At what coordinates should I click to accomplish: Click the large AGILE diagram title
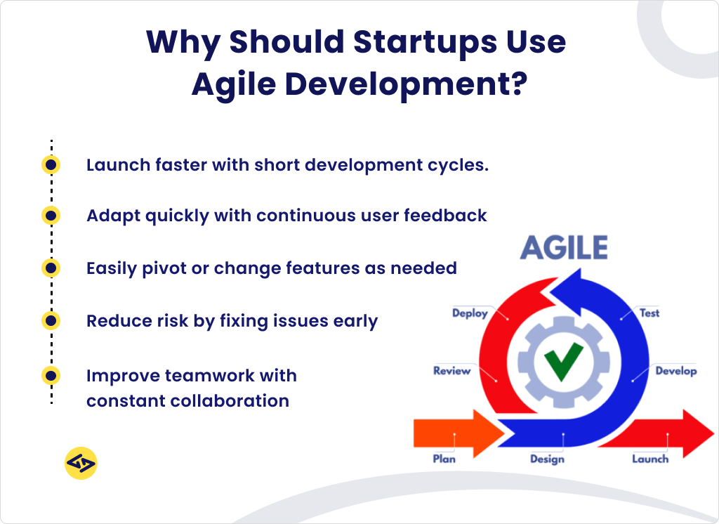point(564,248)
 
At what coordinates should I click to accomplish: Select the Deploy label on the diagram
point(470,313)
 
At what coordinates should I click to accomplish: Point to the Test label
point(649,313)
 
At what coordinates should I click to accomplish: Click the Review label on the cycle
point(451,371)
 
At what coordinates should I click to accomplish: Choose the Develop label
point(675,371)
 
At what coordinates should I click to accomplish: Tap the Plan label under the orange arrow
point(444,459)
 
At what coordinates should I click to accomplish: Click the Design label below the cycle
point(547,459)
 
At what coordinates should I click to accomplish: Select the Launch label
point(649,459)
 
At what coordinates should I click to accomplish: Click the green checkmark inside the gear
point(563,361)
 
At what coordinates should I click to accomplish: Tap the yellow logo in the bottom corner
point(81,464)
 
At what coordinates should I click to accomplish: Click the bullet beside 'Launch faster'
point(51,165)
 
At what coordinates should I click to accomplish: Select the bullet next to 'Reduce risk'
point(51,321)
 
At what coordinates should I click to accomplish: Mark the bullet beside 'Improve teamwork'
point(51,376)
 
